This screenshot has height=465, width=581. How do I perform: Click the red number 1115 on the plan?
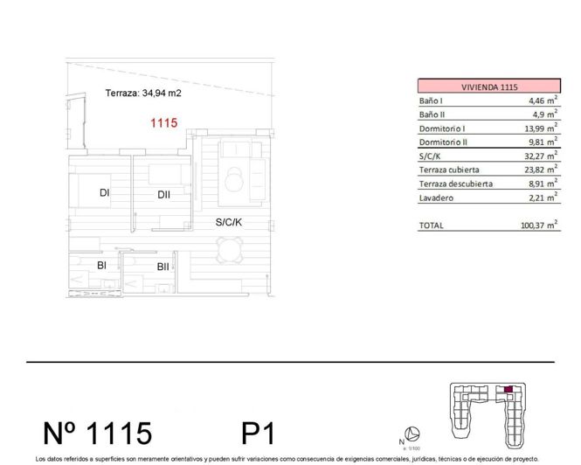click(163, 124)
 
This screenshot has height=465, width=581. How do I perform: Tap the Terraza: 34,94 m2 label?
click(142, 93)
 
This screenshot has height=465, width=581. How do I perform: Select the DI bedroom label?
click(103, 193)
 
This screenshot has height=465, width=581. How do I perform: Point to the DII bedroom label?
click(163, 195)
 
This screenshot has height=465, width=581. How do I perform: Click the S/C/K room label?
click(229, 223)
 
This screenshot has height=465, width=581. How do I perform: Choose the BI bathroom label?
click(101, 264)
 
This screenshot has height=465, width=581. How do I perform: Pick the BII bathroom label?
click(163, 267)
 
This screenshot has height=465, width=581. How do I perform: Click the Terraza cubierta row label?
click(451, 170)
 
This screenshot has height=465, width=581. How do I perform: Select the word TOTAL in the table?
click(432, 226)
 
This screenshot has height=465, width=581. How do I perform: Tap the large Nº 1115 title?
click(98, 433)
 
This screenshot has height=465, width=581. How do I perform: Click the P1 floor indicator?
click(259, 433)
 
